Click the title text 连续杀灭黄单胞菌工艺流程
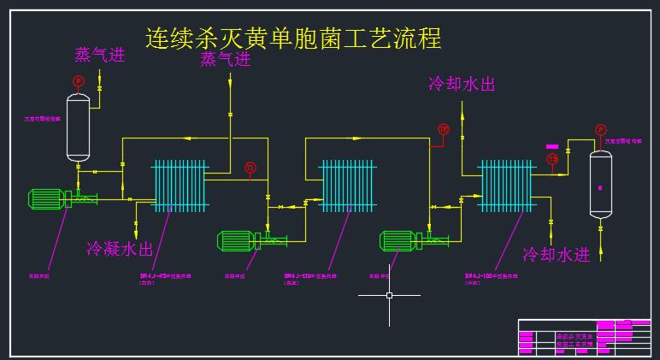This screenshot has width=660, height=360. click(x=293, y=38)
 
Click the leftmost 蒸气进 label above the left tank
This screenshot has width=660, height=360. click(x=100, y=56)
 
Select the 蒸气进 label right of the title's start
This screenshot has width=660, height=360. click(x=226, y=60)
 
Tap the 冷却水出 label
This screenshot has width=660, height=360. click(x=462, y=84)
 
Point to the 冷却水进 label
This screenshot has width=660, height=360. click(x=556, y=255)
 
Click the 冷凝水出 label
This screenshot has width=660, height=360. click(x=120, y=249)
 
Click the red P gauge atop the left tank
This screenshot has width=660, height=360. click(x=78, y=80)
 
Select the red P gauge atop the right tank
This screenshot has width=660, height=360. click(x=601, y=130)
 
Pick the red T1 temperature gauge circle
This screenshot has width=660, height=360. click(x=250, y=168)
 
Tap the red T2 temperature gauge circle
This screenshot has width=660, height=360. click(x=444, y=130)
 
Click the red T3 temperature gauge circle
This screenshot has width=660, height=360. click(x=552, y=159)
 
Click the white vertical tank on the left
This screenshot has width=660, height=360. click(x=79, y=127)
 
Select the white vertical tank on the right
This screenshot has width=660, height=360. click(x=601, y=184)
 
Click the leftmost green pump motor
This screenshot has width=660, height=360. click(x=46, y=199)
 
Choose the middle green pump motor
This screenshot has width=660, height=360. click(x=235, y=240)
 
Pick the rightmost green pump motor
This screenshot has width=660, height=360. click(x=398, y=240)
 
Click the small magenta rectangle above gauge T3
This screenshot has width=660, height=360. click(x=552, y=146)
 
